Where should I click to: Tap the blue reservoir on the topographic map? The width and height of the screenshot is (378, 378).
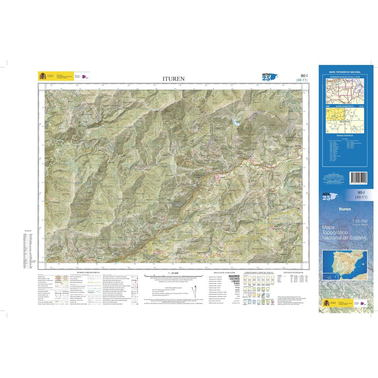point(236,122)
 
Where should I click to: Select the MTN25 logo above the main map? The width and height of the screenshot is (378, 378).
point(266,76)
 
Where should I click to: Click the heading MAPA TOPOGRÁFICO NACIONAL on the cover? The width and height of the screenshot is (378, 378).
point(346,72)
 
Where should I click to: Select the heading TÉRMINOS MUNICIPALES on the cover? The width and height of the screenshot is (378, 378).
point(346,135)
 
